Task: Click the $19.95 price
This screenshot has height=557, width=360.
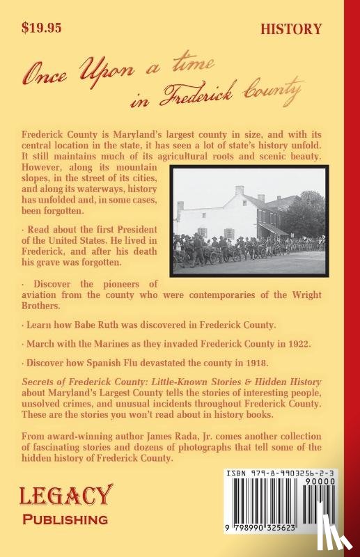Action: (x=42, y=29)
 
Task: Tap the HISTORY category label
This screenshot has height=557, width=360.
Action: (x=291, y=29)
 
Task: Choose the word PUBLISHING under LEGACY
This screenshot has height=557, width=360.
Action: (x=66, y=519)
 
